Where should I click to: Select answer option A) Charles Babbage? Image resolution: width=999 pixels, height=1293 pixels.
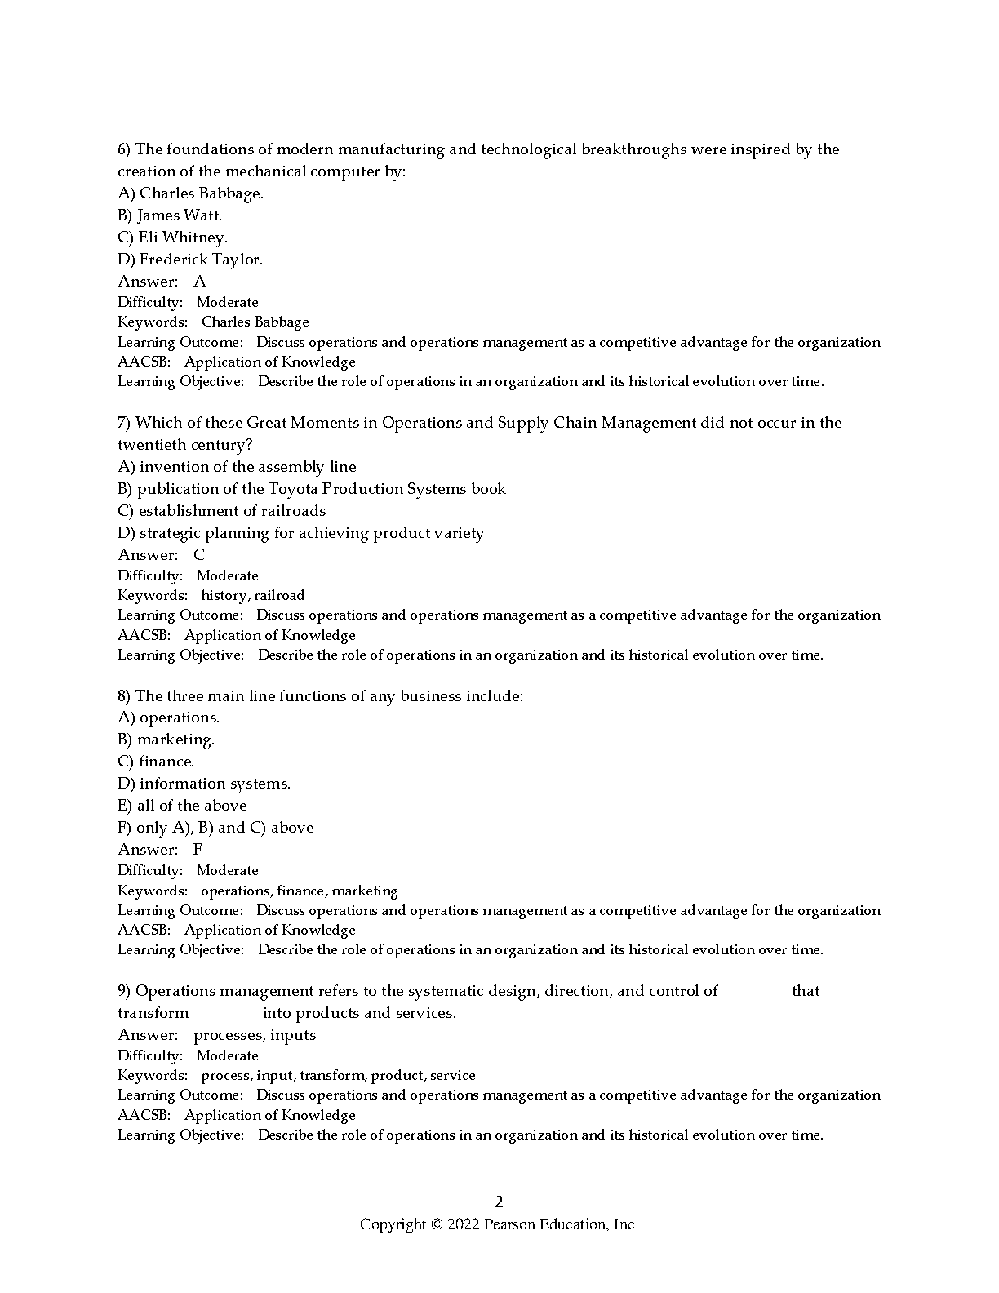coord(190,193)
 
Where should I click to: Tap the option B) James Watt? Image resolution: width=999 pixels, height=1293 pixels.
coord(170,215)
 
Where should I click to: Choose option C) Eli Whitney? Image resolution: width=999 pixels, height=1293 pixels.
coord(172,238)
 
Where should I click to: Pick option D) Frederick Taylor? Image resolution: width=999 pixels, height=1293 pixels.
coord(190,260)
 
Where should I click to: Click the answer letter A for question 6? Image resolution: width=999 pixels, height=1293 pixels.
coord(200,282)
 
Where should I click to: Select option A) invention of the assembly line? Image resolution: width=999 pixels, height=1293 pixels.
coord(237,467)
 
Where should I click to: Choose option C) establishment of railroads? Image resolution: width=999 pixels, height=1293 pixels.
coord(221,511)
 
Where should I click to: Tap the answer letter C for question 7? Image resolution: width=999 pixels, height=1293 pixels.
coord(199,555)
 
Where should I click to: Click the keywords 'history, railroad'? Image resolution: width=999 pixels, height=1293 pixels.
coord(252,596)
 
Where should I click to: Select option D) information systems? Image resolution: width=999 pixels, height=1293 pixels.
coord(204,784)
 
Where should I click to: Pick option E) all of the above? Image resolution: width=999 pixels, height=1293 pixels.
coord(182,806)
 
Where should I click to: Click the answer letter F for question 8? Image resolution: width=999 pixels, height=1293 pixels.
coord(198,850)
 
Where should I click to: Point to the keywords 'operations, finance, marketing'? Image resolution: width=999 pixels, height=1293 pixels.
coord(299,891)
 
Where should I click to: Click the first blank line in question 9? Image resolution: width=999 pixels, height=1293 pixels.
coord(755,993)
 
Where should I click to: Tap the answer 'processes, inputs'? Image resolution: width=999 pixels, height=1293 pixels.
coord(255,1035)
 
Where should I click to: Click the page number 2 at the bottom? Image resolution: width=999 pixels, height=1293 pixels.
coord(499,1202)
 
